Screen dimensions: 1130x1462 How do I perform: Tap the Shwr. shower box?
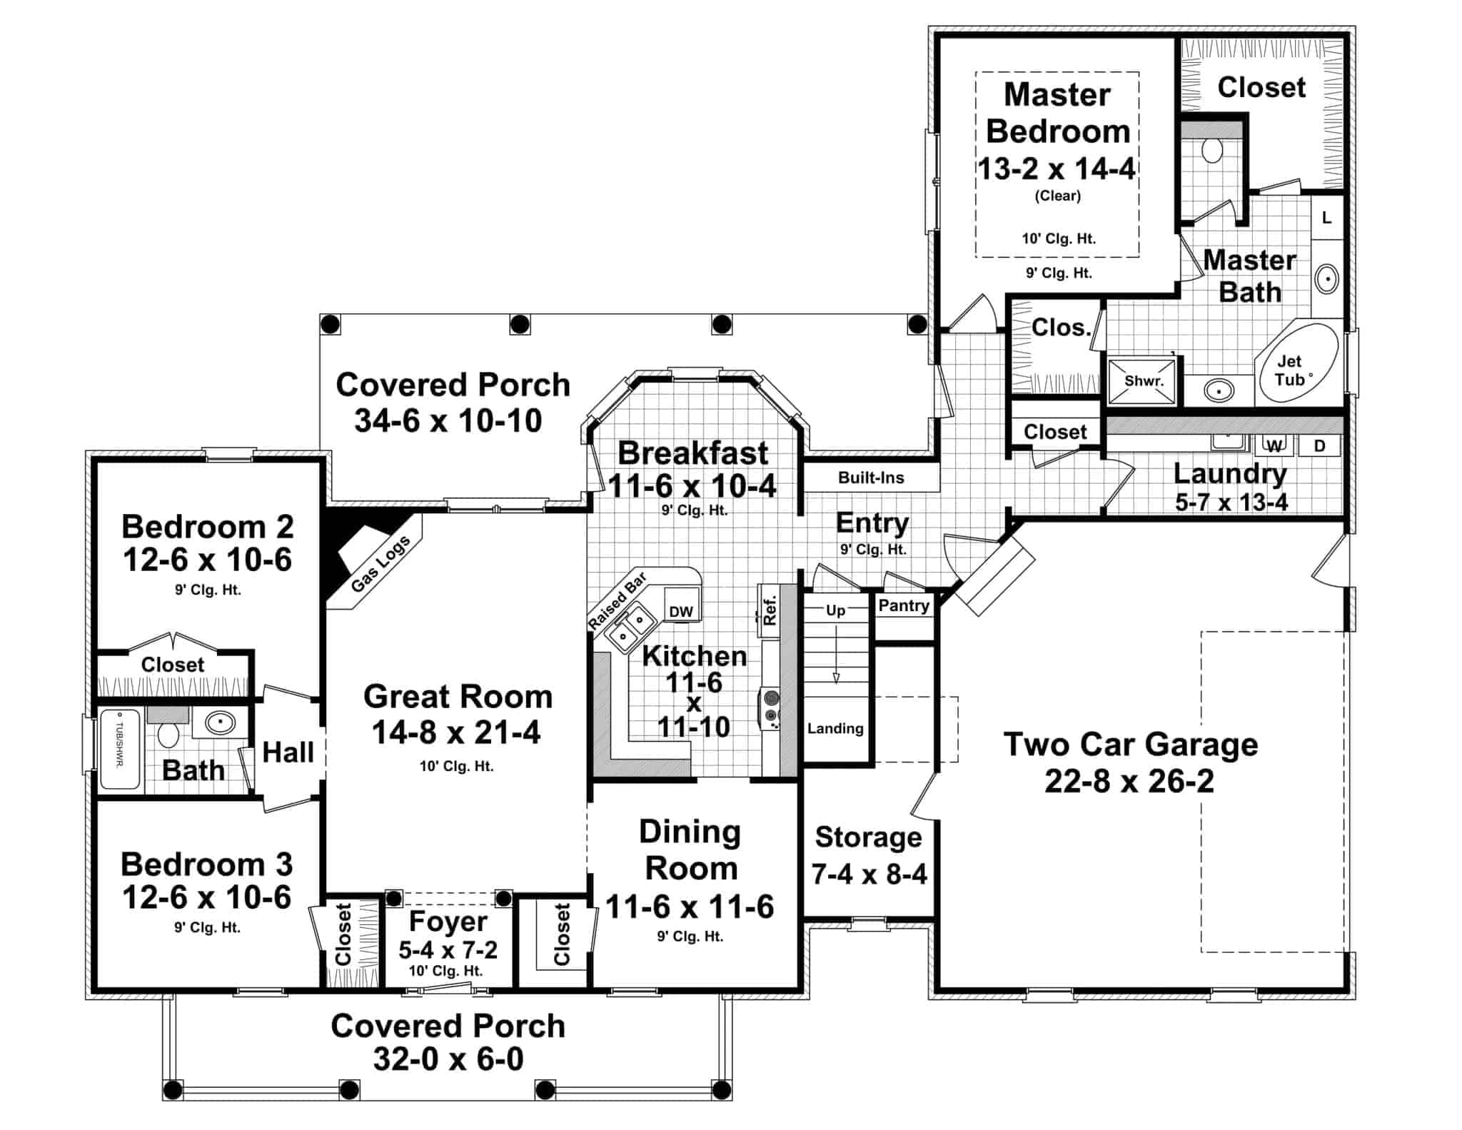[x=1144, y=381]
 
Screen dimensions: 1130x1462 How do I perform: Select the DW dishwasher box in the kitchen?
[x=681, y=611]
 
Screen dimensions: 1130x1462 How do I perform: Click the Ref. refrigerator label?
[x=770, y=611]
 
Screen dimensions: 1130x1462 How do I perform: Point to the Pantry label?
[x=904, y=605]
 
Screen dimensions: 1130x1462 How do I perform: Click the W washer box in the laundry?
[x=1274, y=446]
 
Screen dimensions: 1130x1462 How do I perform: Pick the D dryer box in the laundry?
[x=1319, y=446]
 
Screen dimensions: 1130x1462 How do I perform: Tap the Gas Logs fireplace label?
[x=380, y=564]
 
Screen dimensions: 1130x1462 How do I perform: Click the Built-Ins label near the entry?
[x=871, y=478]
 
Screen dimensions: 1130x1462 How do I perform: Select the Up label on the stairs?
[x=835, y=610]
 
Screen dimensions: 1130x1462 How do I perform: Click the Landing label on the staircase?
[x=835, y=729]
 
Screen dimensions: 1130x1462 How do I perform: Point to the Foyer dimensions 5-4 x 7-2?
[x=448, y=949]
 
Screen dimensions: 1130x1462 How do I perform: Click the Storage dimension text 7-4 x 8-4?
[x=869, y=874]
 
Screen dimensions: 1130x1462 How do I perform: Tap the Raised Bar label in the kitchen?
[x=617, y=600]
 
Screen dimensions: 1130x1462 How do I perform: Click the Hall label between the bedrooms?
[x=288, y=752]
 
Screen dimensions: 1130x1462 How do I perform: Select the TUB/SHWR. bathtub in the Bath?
[x=119, y=749]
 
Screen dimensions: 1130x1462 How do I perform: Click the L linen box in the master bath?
[x=1326, y=218]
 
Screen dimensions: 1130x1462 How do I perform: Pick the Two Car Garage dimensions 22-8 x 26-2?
[x=1129, y=781]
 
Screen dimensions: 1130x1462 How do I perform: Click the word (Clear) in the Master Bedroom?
[x=1057, y=196]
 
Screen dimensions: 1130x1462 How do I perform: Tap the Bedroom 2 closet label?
[x=172, y=665]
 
